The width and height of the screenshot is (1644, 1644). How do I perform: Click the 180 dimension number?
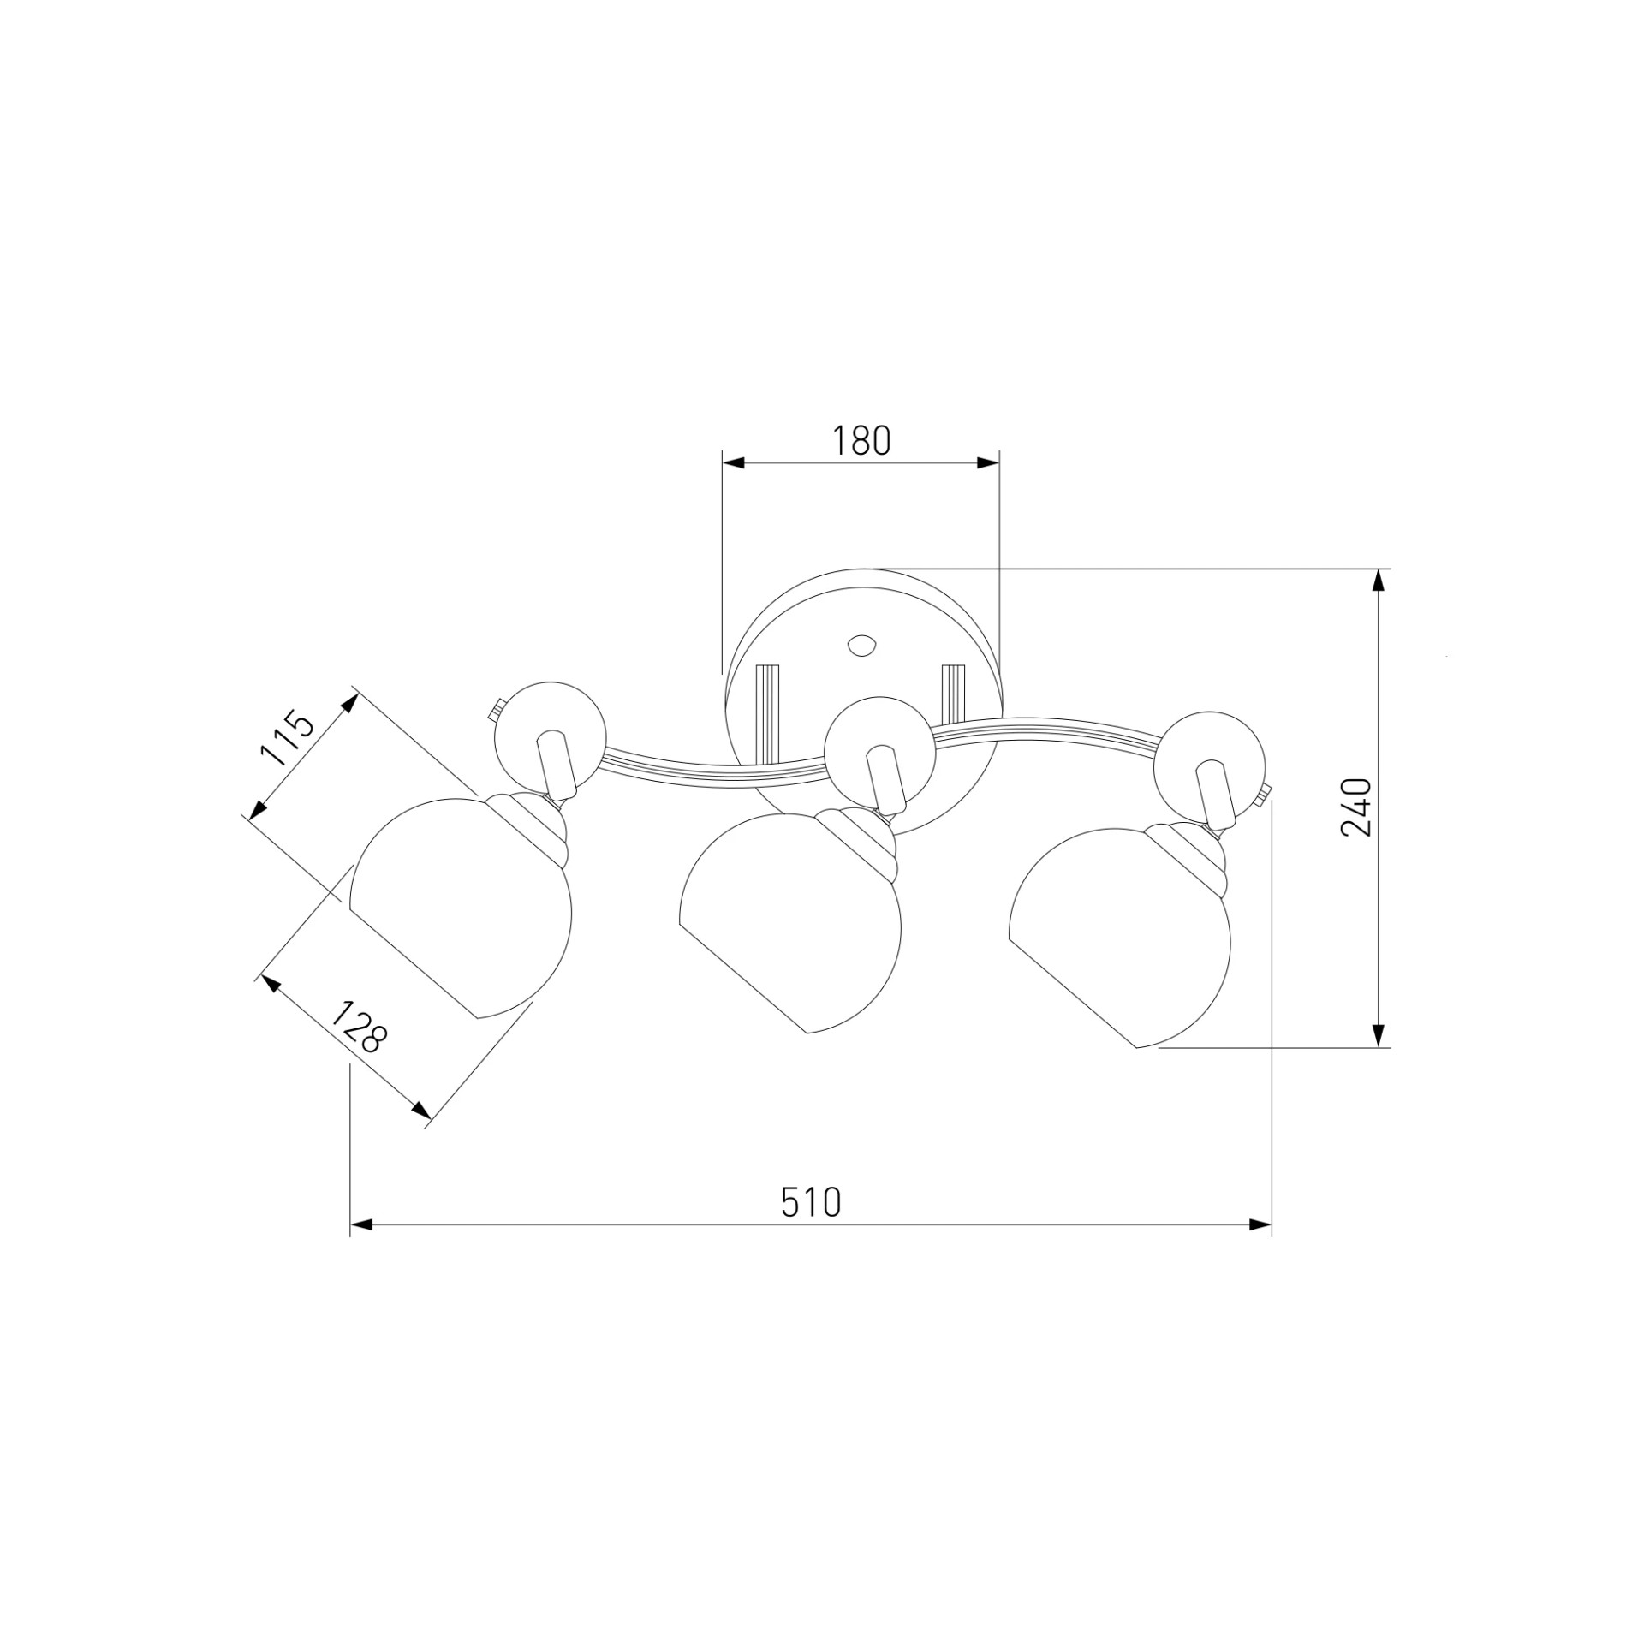[861, 440]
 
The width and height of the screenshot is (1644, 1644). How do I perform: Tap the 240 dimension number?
[1356, 807]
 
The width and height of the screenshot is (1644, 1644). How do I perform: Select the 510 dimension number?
[811, 1202]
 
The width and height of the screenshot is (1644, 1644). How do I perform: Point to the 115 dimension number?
[288, 736]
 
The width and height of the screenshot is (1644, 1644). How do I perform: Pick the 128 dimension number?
[359, 1027]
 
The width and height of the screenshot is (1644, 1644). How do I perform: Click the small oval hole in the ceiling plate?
[861, 645]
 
